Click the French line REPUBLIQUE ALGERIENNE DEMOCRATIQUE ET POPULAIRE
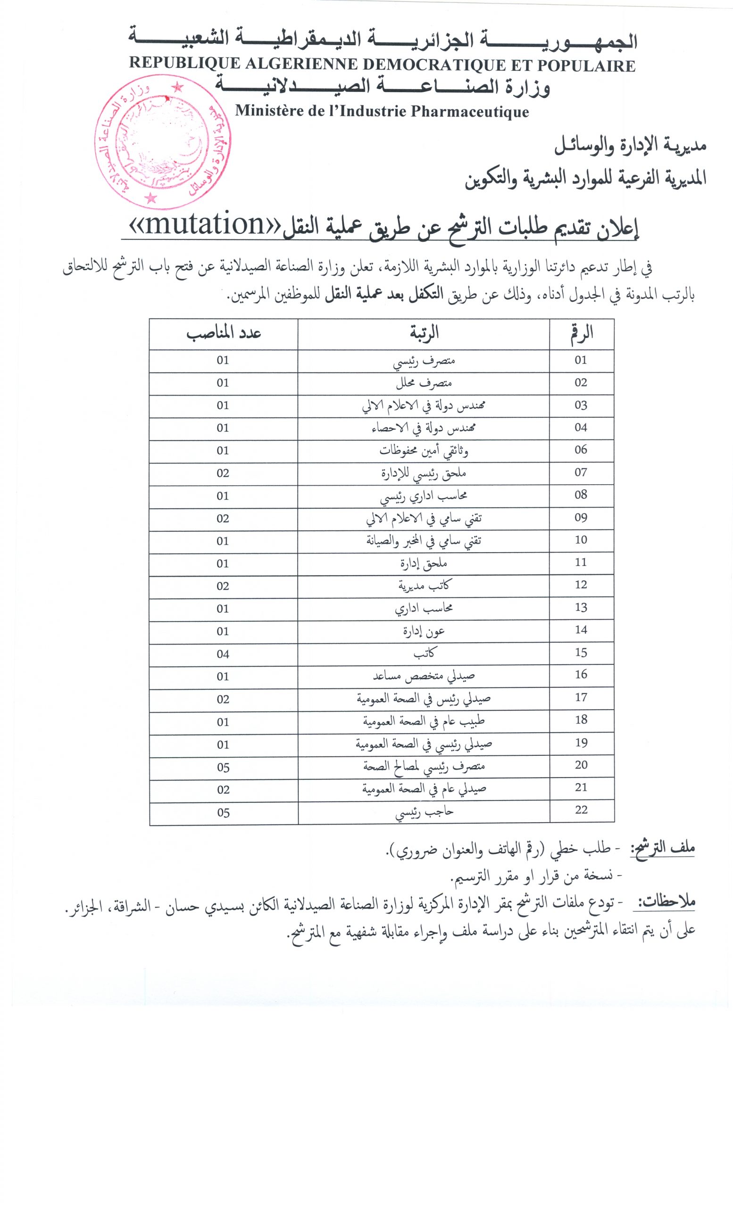pos(382,64)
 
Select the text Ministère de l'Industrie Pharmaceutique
pos(382,111)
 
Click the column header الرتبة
pos(424,334)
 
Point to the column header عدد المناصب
pos(224,334)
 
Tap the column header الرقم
pos(582,334)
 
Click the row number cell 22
pos(581,810)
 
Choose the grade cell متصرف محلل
pos(425,383)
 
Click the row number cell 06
pos(581,450)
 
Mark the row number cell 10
pos(581,540)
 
